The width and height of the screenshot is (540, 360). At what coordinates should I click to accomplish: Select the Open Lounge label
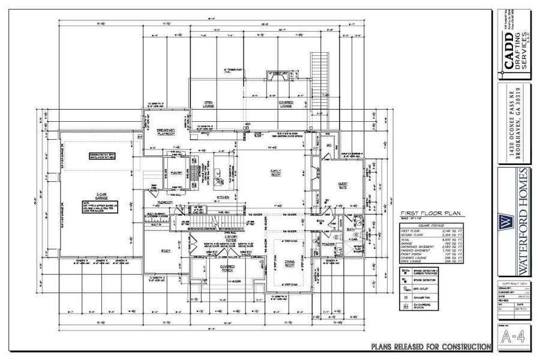coord(209,104)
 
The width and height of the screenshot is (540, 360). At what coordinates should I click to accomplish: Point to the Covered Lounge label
coord(286,104)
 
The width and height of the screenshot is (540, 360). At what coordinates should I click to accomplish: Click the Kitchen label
coord(223,197)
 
